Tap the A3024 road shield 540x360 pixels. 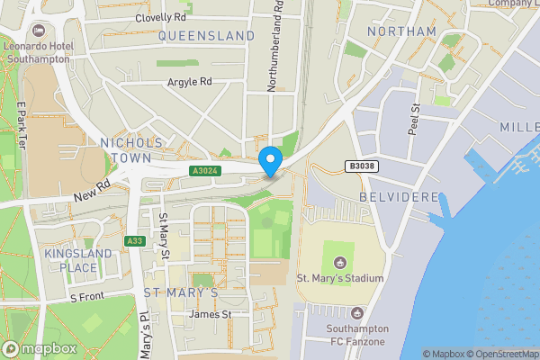[203, 170]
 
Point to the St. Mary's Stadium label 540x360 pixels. [340, 278]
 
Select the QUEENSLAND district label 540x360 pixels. [207, 36]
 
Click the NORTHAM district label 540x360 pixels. [401, 31]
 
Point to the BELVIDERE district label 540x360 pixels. [399, 196]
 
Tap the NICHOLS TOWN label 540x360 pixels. [131, 150]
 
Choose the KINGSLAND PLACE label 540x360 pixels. [77, 260]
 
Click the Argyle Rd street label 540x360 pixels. [189, 81]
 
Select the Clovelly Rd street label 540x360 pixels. [160, 17]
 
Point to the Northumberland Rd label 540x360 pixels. [277, 45]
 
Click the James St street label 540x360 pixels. [211, 314]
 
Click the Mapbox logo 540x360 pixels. [39, 348]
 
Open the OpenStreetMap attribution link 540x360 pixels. [496, 354]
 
